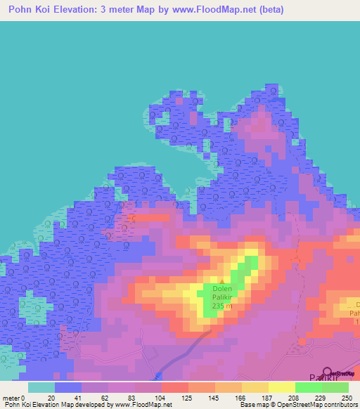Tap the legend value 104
[160, 398]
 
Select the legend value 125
[186, 398]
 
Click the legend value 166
[240, 398]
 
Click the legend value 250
[346, 398]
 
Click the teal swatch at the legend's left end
[41, 387]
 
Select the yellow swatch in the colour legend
[281, 387]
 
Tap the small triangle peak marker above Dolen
[222, 281]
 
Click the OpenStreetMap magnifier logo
[327, 372]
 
